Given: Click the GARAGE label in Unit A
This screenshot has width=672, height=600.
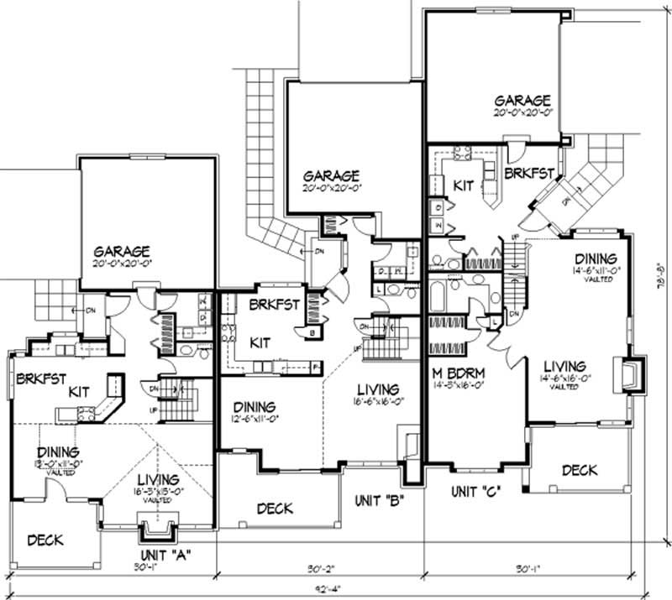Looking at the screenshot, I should [x=122, y=251].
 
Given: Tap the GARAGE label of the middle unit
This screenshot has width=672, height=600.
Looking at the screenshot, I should [x=332, y=176].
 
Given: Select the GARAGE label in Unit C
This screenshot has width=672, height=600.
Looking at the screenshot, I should [x=522, y=100].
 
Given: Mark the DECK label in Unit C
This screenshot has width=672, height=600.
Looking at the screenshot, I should [x=580, y=470].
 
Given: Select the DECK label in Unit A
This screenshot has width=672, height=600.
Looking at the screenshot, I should [x=45, y=540].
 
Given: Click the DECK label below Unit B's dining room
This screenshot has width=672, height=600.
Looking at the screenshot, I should [x=275, y=508].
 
